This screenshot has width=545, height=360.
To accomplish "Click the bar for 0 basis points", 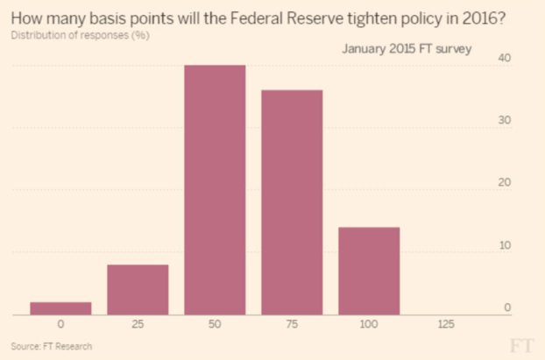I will coord(60,308).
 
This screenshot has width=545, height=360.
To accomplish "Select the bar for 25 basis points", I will coord(138,290).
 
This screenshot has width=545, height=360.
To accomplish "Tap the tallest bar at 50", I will coord(215,190).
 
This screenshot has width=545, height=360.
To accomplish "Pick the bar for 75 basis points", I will coord(292,202).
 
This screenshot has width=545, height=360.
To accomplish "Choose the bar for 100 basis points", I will coord(369,271).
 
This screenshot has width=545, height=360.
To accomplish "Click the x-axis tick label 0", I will coord(60,325).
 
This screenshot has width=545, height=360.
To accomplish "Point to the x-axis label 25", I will coord(138,325).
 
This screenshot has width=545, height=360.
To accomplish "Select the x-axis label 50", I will coord(215,325).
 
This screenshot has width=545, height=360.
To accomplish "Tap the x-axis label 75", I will coord(292,325).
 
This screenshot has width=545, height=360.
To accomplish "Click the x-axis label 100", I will coord(369,325).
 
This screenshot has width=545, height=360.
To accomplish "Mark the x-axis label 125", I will coord(446,325).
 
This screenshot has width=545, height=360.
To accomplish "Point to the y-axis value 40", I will coord(505,58).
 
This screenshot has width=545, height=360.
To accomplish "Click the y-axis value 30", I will coord(505,120).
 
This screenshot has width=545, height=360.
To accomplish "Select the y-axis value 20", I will coord(505,183).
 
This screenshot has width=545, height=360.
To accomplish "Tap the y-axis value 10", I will coord(505,245).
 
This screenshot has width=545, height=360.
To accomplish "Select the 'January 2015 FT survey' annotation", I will coord(406,49).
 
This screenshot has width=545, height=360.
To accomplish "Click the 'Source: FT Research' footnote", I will coord(51,347).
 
